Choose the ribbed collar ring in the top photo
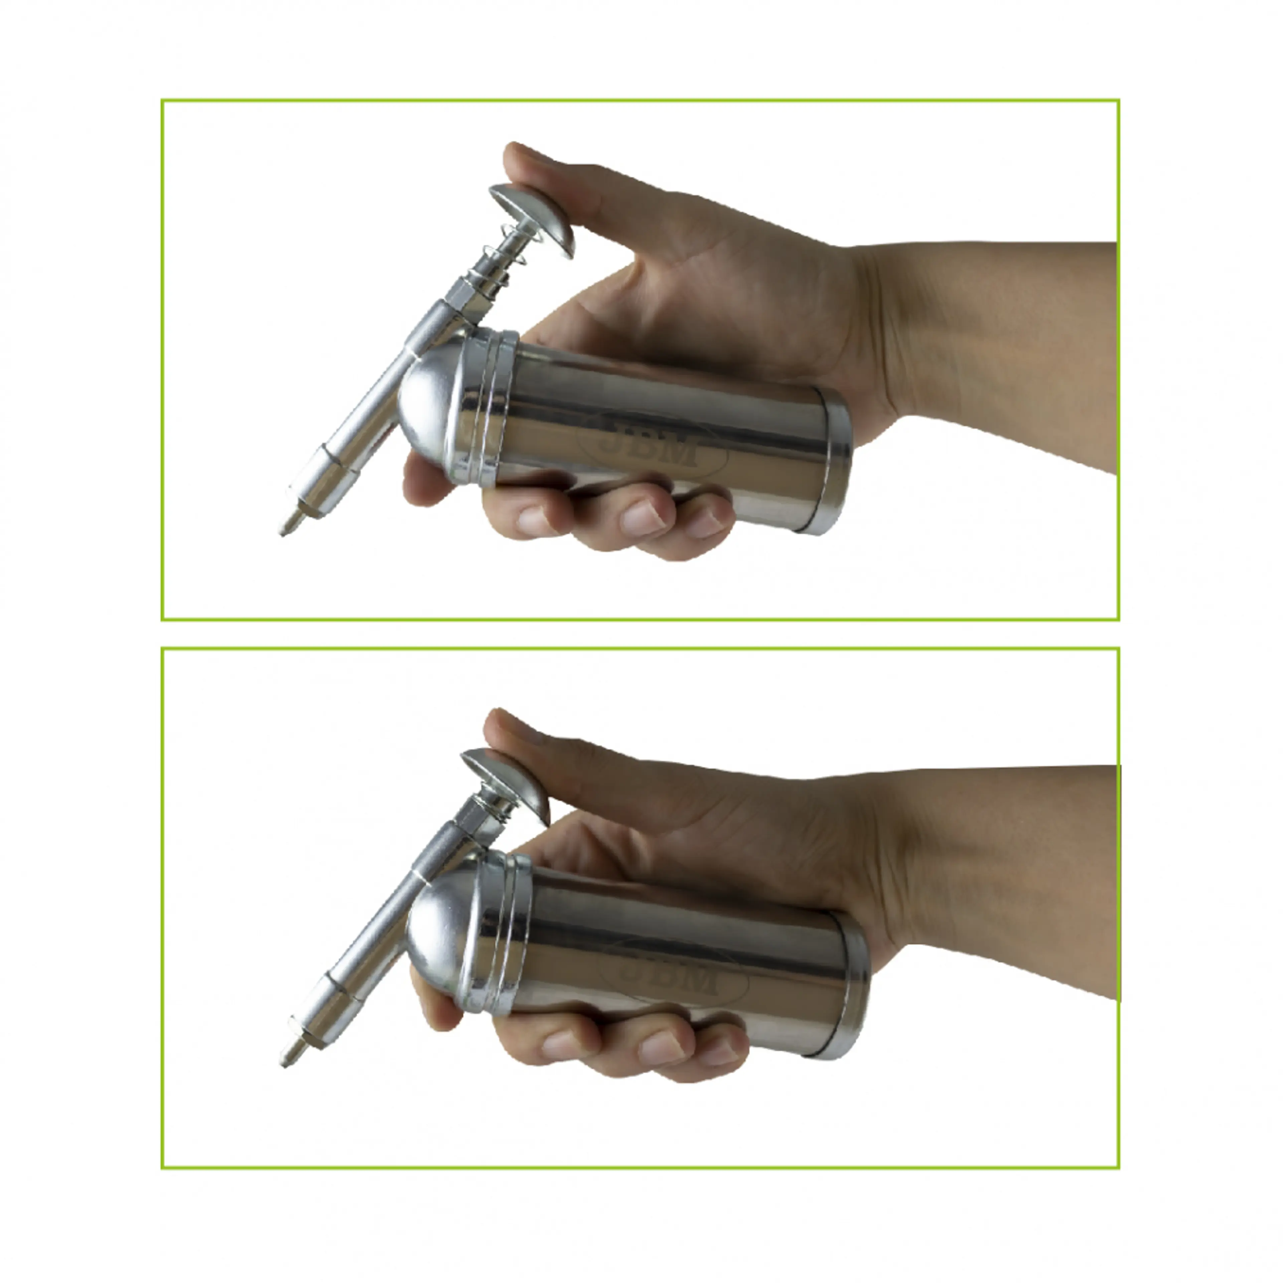[x=488, y=405]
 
